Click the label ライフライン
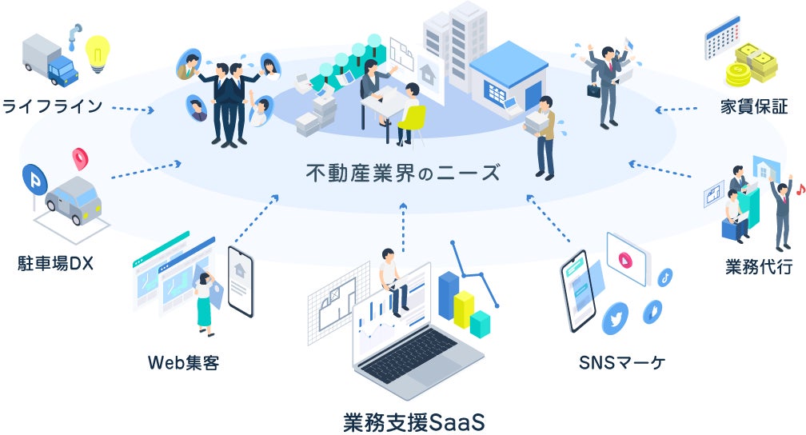pos(53,106)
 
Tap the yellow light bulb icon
pos(98,54)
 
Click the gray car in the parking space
pos(73,200)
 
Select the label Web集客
pos(183,363)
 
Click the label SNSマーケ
pos(621,363)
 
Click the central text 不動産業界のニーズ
pos(403,173)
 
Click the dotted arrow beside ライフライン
pos(133,108)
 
